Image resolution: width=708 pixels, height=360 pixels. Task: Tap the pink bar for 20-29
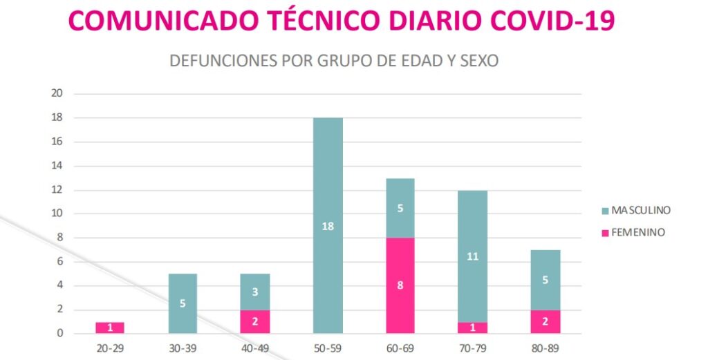pos(110,328)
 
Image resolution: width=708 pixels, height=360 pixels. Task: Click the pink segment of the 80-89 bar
pos(546,321)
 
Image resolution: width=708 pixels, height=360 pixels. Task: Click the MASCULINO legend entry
pos(635,210)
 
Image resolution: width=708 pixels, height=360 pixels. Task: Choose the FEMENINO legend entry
pos(632,233)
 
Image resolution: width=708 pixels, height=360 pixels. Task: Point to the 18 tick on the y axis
pos(57,118)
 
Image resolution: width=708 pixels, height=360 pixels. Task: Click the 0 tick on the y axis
pos(60,334)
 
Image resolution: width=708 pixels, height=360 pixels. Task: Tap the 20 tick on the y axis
pos(57,94)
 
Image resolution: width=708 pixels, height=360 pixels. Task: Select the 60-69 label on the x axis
pos(400,348)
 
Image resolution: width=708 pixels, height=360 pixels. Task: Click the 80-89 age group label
pos(546,348)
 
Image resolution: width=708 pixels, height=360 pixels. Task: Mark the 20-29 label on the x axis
pos(110,348)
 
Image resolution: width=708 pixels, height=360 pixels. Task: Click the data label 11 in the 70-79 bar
pos(473,256)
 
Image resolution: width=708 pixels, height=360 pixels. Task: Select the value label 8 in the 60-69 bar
pos(400,285)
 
